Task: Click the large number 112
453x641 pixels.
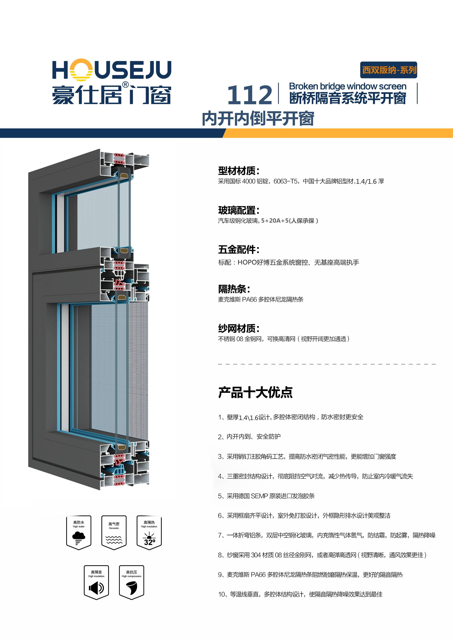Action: point(249,95)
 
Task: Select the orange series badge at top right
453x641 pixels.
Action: point(389,70)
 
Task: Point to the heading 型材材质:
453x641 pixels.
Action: point(238,171)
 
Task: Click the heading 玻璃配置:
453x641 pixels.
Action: point(238,210)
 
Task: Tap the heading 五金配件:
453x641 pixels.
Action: point(238,250)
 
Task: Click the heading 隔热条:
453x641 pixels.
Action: point(234,289)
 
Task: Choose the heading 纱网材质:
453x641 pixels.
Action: point(238,328)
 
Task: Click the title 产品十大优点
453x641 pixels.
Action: point(255,392)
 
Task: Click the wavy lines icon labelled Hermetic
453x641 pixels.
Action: point(114,539)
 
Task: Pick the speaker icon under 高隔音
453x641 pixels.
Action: point(96,588)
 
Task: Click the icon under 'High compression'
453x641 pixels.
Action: point(131,588)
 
